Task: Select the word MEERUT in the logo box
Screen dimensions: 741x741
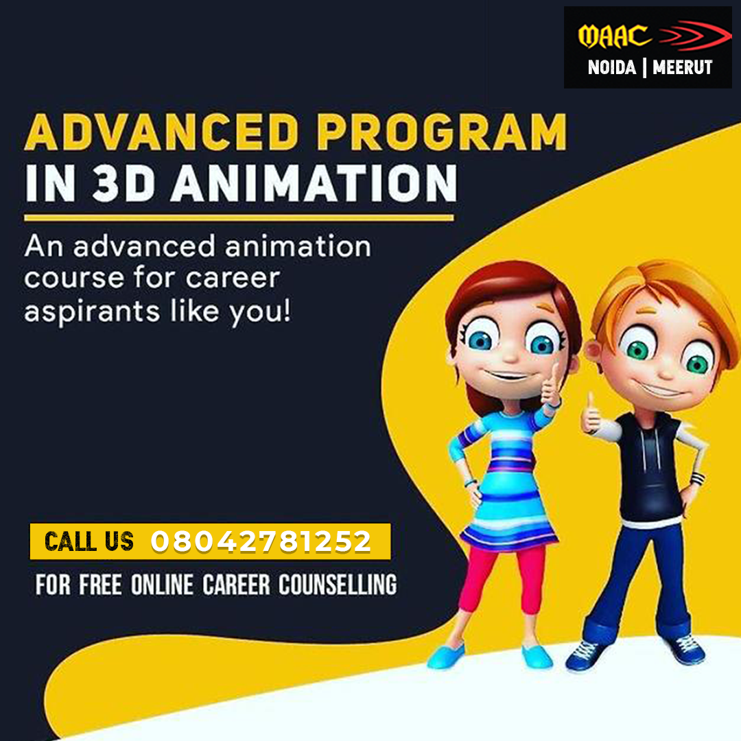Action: (682, 67)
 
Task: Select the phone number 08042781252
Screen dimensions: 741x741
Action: (261, 541)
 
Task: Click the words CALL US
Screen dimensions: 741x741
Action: (89, 541)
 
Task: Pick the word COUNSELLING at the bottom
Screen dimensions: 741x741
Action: (338, 585)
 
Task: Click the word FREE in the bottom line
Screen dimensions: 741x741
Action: (100, 585)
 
